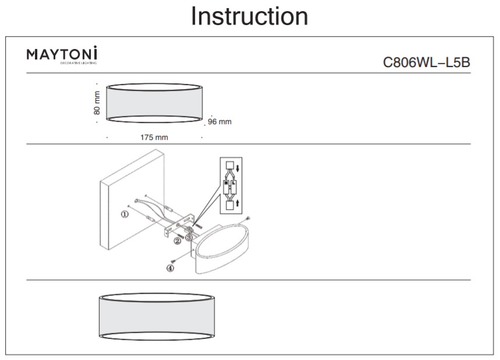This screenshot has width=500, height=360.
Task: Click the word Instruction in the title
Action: [250, 16]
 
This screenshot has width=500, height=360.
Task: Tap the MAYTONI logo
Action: [62, 55]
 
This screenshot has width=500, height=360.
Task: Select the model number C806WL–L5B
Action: [426, 63]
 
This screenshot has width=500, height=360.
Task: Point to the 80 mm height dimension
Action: [97, 103]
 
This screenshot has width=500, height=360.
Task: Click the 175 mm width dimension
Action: [154, 138]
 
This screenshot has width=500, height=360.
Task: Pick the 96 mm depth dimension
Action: [219, 122]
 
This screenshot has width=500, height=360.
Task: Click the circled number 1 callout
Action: [124, 214]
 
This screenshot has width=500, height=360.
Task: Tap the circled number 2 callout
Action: [177, 241]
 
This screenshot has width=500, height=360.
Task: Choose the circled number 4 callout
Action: [170, 269]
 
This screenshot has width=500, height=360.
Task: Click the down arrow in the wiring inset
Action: [238, 167]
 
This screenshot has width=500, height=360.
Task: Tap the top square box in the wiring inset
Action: [229, 165]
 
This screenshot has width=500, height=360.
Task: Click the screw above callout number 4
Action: [173, 260]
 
